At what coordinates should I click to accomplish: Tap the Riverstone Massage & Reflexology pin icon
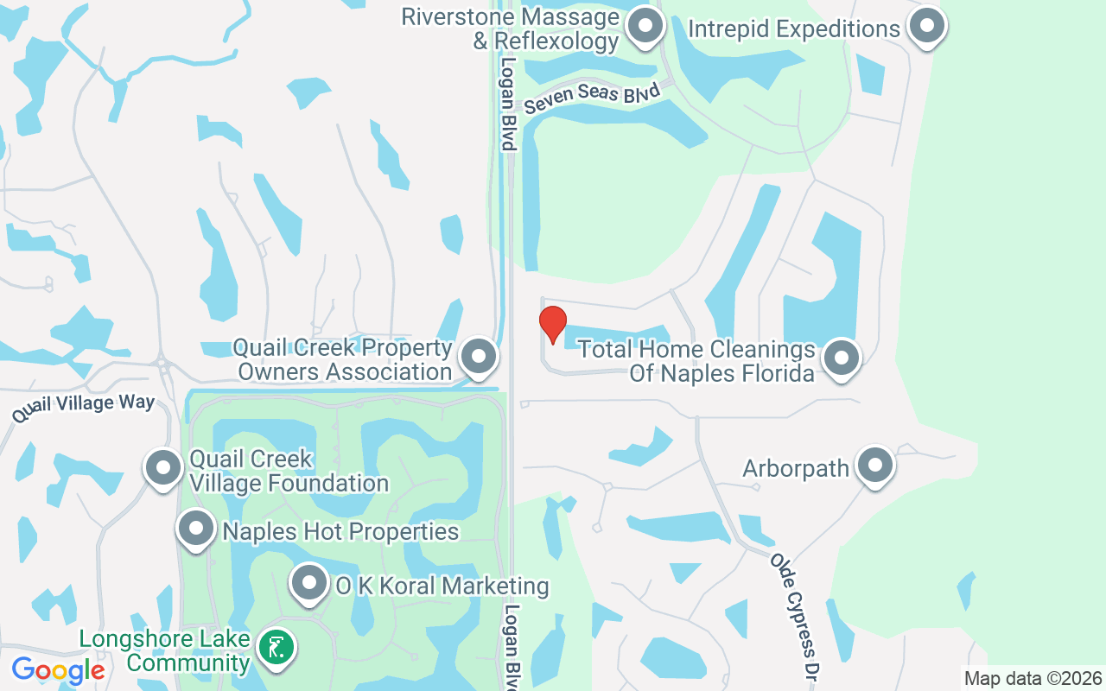click(644, 27)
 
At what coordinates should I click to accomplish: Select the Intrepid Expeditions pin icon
click(927, 27)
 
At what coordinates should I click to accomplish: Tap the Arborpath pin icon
click(875, 466)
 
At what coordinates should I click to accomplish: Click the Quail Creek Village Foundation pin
click(162, 467)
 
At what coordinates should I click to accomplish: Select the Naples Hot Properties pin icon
click(196, 528)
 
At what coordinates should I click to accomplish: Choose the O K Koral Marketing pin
click(308, 584)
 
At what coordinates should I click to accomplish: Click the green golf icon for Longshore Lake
click(276, 647)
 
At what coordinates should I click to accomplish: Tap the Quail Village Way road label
click(83, 407)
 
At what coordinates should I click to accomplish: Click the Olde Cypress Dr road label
click(794, 614)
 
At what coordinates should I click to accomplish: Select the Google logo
click(58, 669)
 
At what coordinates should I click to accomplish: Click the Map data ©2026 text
click(1033, 678)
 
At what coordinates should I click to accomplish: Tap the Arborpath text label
click(796, 468)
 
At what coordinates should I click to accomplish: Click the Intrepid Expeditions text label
click(793, 29)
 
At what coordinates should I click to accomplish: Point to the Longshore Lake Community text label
click(164, 651)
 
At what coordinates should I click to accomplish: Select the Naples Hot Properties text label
click(340, 530)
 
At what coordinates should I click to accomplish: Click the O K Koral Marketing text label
click(442, 586)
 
